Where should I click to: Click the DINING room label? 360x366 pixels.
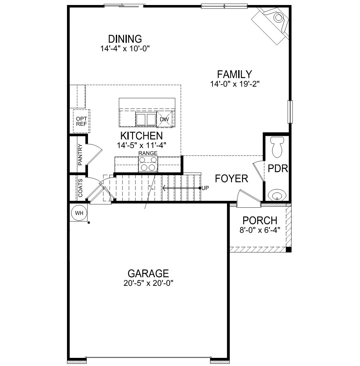pyautogui.click(x=125, y=39)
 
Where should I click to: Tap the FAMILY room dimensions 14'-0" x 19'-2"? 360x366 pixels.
pyautogui.click(x=235, y=84)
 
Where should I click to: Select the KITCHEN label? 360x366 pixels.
pyautogui.click(x=141, y=136)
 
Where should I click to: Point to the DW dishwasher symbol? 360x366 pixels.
pyautogui.click(x=164, y=119)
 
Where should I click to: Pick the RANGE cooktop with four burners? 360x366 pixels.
pyautogui.click(x=148, y=164)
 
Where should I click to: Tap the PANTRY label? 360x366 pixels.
pyautogui.click(x=80, y=155)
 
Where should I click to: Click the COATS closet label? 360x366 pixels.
pyautogui.click(x=80, y=188)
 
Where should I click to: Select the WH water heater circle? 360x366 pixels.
pyautogui.click(x=79, y=213)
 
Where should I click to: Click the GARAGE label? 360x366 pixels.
pyautogui.click(x=148, y=273)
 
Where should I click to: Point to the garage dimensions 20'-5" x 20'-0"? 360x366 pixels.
pyautogui.click(x=148, y=283)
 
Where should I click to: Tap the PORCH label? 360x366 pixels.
pyautogui.click(x=260, y=221)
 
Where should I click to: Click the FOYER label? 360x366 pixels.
pyautogui.click(x=232, y=179)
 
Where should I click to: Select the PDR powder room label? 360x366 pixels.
pyautogui.click(x=278, y=169)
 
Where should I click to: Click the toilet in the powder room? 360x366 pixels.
pyautogui.click(x=277, y=147)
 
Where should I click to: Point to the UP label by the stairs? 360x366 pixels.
pyautogui.click(x=205, y=188)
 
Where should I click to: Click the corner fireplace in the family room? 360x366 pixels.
pyautogui.click(x=272, y=22)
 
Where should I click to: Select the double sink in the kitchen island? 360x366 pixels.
pyautogui.click(x=146, y=119)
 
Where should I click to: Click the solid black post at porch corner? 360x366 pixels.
pyautogui.click(x=289, y=250)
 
